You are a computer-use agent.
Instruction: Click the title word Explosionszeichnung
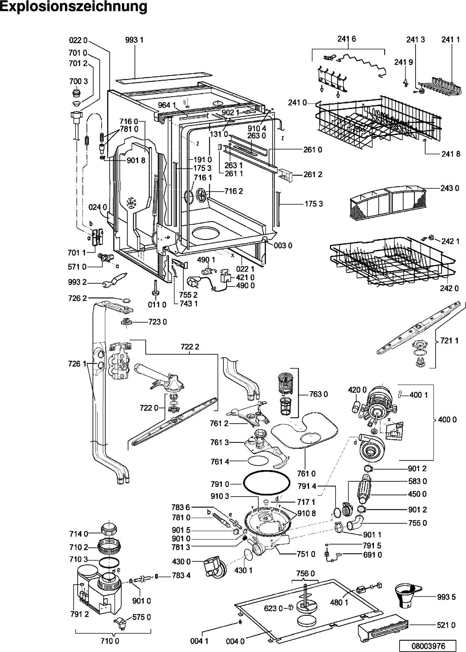click(74, 7)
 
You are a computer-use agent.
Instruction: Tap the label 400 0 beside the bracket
click(447, 420)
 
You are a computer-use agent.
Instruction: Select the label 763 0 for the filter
click(318, 394)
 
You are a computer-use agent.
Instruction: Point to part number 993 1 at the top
click(134, 40)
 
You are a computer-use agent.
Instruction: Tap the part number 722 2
click(190, 347)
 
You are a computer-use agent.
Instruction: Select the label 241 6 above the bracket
click(347, 39)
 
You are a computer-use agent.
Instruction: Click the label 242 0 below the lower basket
click(449, 289)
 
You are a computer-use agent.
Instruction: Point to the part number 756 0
click(305, 573)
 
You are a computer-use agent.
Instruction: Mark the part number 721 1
click(450, 340)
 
